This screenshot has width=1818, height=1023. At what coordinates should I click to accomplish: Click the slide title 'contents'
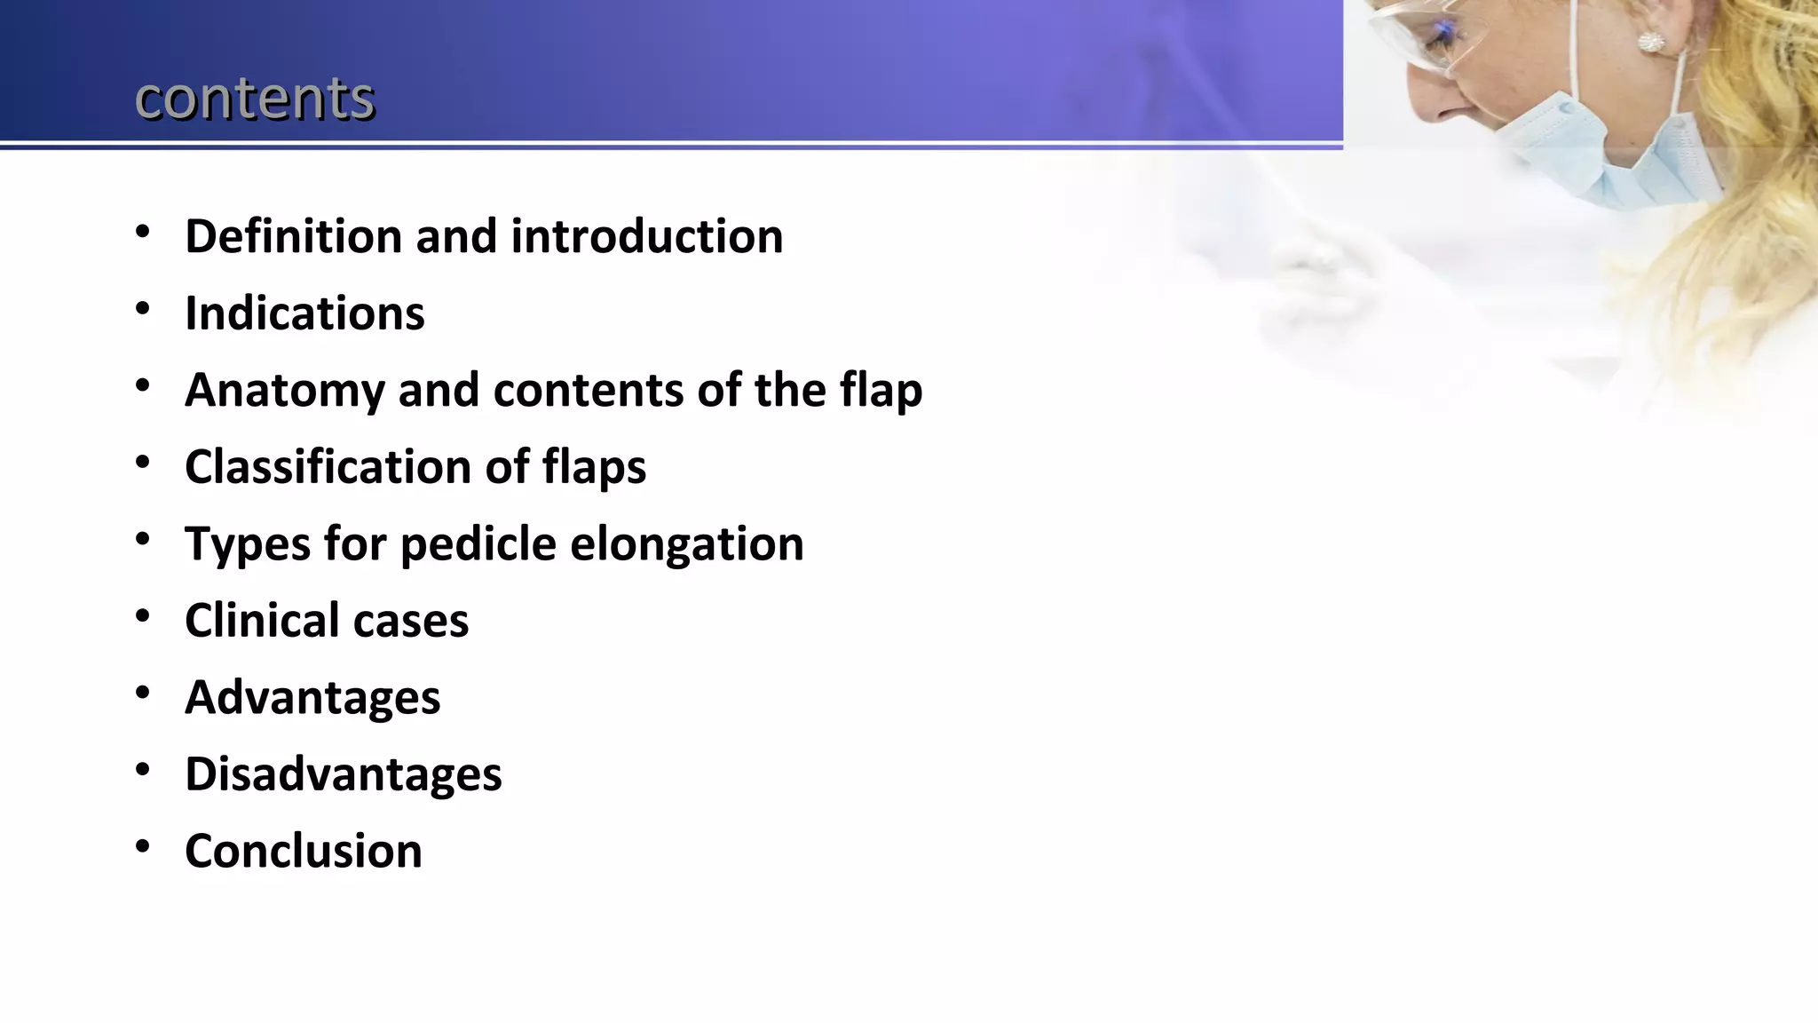pyautogui.click(x=255, y=98)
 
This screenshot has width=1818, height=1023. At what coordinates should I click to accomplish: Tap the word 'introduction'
pyautogui.click(x=646, y=236)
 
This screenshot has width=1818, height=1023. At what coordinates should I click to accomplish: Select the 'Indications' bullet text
pyautogui.click(x=304, y=313)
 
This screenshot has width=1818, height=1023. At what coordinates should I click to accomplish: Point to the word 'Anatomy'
pyautogui.click(x=284, y=390)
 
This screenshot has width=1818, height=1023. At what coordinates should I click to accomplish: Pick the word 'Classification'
pyautogui.click(x=328, y=466)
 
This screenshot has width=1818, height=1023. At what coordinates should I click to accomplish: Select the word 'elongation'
pyautogui.click(x=686, y=544)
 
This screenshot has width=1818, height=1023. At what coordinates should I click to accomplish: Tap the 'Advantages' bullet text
pyautogui.click(x=312, y=697)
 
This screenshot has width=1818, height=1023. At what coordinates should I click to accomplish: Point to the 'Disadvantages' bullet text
pyautogui.click(x=343, y=773)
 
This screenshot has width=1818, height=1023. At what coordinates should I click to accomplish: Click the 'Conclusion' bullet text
pyautogui.click(x=304, y=851)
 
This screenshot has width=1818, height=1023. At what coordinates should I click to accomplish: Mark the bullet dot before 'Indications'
pyautogui.click(x=143, y=310)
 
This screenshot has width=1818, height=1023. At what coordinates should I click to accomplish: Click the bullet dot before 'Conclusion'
pyautogui.click(x=143, y=847)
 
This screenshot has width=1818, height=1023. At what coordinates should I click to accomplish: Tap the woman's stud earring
pyautogui.click(x=1650, y=42)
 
